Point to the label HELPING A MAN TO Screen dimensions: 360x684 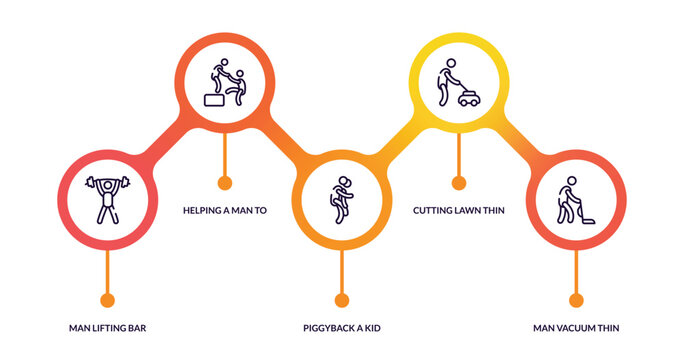click(x=224, y=211)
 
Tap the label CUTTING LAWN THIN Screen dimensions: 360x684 click(x=459, y=211)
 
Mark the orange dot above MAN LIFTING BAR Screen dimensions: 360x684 click(x=108, y=299)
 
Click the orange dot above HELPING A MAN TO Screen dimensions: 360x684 click(x=225, y=183)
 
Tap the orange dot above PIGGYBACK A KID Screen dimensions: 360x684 click(x=342, y=299)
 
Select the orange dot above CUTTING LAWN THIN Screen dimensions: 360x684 click(x=459, y=183)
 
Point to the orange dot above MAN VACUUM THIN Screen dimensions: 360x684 click(x=575, y=299)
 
